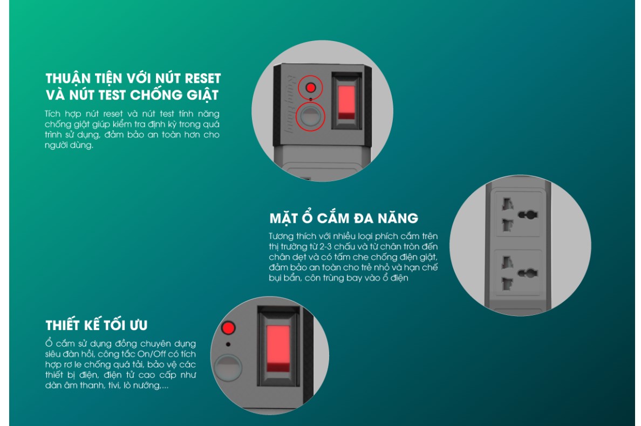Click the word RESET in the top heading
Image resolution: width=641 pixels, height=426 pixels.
point(203,78)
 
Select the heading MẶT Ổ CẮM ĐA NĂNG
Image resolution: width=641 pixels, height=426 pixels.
point(344,218)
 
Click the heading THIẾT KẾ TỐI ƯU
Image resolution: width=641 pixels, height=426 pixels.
point(97,326)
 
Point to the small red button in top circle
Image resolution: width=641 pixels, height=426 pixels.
point(310,87)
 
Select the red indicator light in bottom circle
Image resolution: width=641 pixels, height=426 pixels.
point(229,327)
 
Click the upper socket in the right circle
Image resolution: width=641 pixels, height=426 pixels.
point(519,214)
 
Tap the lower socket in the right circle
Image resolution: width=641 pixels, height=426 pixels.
point(519,273)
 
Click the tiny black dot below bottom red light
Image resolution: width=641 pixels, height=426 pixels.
point(229,344)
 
